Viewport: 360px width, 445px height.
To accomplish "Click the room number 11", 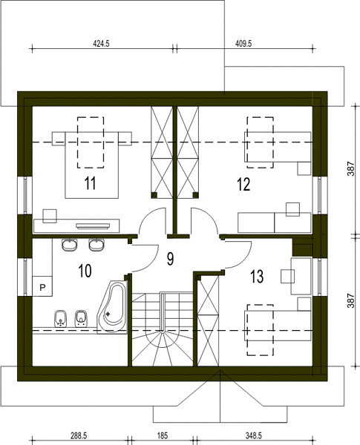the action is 90,183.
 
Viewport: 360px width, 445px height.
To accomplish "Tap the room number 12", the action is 243,184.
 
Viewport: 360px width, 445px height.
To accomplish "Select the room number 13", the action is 257,277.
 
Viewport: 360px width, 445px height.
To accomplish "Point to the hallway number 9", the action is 170,259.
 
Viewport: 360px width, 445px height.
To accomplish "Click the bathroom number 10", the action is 85,271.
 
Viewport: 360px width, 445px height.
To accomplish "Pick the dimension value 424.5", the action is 101,44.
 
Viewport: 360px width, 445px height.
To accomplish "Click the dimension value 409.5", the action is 243,44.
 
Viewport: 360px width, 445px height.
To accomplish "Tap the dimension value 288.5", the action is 79,435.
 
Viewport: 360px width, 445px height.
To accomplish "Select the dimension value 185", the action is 163,435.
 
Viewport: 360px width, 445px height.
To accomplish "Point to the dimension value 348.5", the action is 253,435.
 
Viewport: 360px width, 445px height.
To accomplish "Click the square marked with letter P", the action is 42,286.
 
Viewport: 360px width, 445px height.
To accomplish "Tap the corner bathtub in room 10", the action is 112,307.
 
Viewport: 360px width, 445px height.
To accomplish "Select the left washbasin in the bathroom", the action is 69,245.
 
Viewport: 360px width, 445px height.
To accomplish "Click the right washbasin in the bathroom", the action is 96,245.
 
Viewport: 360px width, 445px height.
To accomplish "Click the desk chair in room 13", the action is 287,276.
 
